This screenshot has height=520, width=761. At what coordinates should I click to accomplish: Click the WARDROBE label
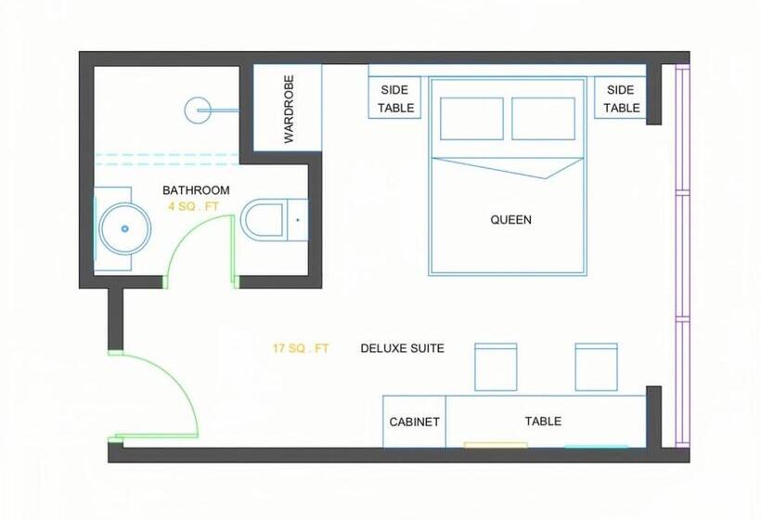pyautogui.click(x=289, y=109)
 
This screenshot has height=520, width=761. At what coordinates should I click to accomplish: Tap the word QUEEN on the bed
pyautogui.click(x=510, y=220)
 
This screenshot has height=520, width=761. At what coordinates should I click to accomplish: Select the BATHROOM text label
pyautogui.click(x=196, y=190)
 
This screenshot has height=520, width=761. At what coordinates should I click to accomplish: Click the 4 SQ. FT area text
pyautogui.click(x=193, y=207)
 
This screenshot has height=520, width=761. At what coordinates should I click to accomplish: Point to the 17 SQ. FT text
pyautogui.click(x=301, y=348)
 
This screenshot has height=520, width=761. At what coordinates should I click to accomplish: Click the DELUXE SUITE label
pyautogui.click(x=403, y=348)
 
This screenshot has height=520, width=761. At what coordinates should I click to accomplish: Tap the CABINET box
pyautogui.click(x=415, y=422)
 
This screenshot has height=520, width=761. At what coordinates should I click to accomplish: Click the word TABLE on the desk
pyautogui.click(x=543, y=421)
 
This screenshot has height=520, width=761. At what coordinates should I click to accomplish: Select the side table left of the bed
pyautogui.click(x=394, y=97)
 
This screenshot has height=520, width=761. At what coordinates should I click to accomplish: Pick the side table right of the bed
pyautogui.click(x=620, y=97)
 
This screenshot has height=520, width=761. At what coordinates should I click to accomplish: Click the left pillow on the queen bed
pyautogui.click(x=471, y=119)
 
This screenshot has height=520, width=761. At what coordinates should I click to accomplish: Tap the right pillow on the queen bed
pyautogui.click(x=544, y=119)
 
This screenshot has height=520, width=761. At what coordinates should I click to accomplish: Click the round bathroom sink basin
pyautogui.click(x=125, y=228)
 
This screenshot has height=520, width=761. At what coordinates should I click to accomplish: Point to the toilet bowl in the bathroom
pyautogui.click(x=264, y=220)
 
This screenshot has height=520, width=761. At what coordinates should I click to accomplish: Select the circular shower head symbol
pyautogui.click(x=198, y=110)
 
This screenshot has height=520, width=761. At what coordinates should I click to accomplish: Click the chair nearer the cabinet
pyautogui.click(x=496, y=367)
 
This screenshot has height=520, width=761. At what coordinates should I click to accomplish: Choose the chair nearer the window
pyautogui.click(x=597, y=367)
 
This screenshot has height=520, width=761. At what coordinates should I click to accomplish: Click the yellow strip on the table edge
pyautogui.click(x=496, y=445)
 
